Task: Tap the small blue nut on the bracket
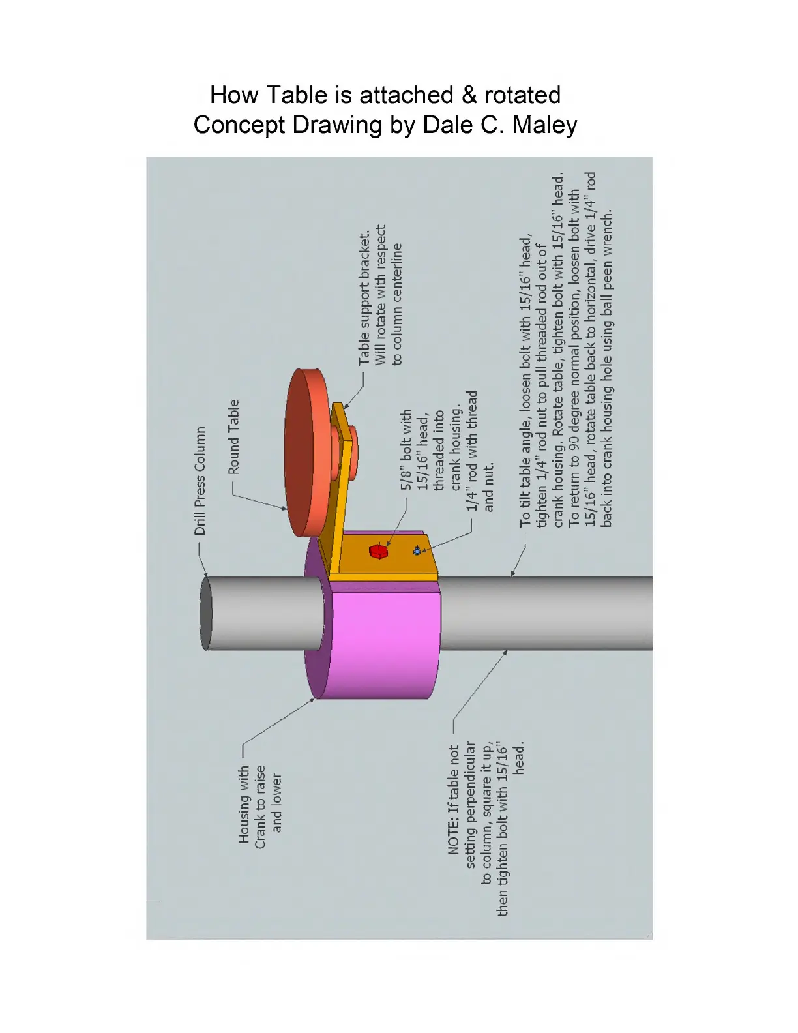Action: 417,552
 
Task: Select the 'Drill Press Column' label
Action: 200,481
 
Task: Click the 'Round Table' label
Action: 233,437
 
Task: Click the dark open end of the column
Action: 205,613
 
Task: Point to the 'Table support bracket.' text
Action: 364,297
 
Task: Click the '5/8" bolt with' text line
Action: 406,450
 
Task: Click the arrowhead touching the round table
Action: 284,508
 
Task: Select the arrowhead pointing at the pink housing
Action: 314,700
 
